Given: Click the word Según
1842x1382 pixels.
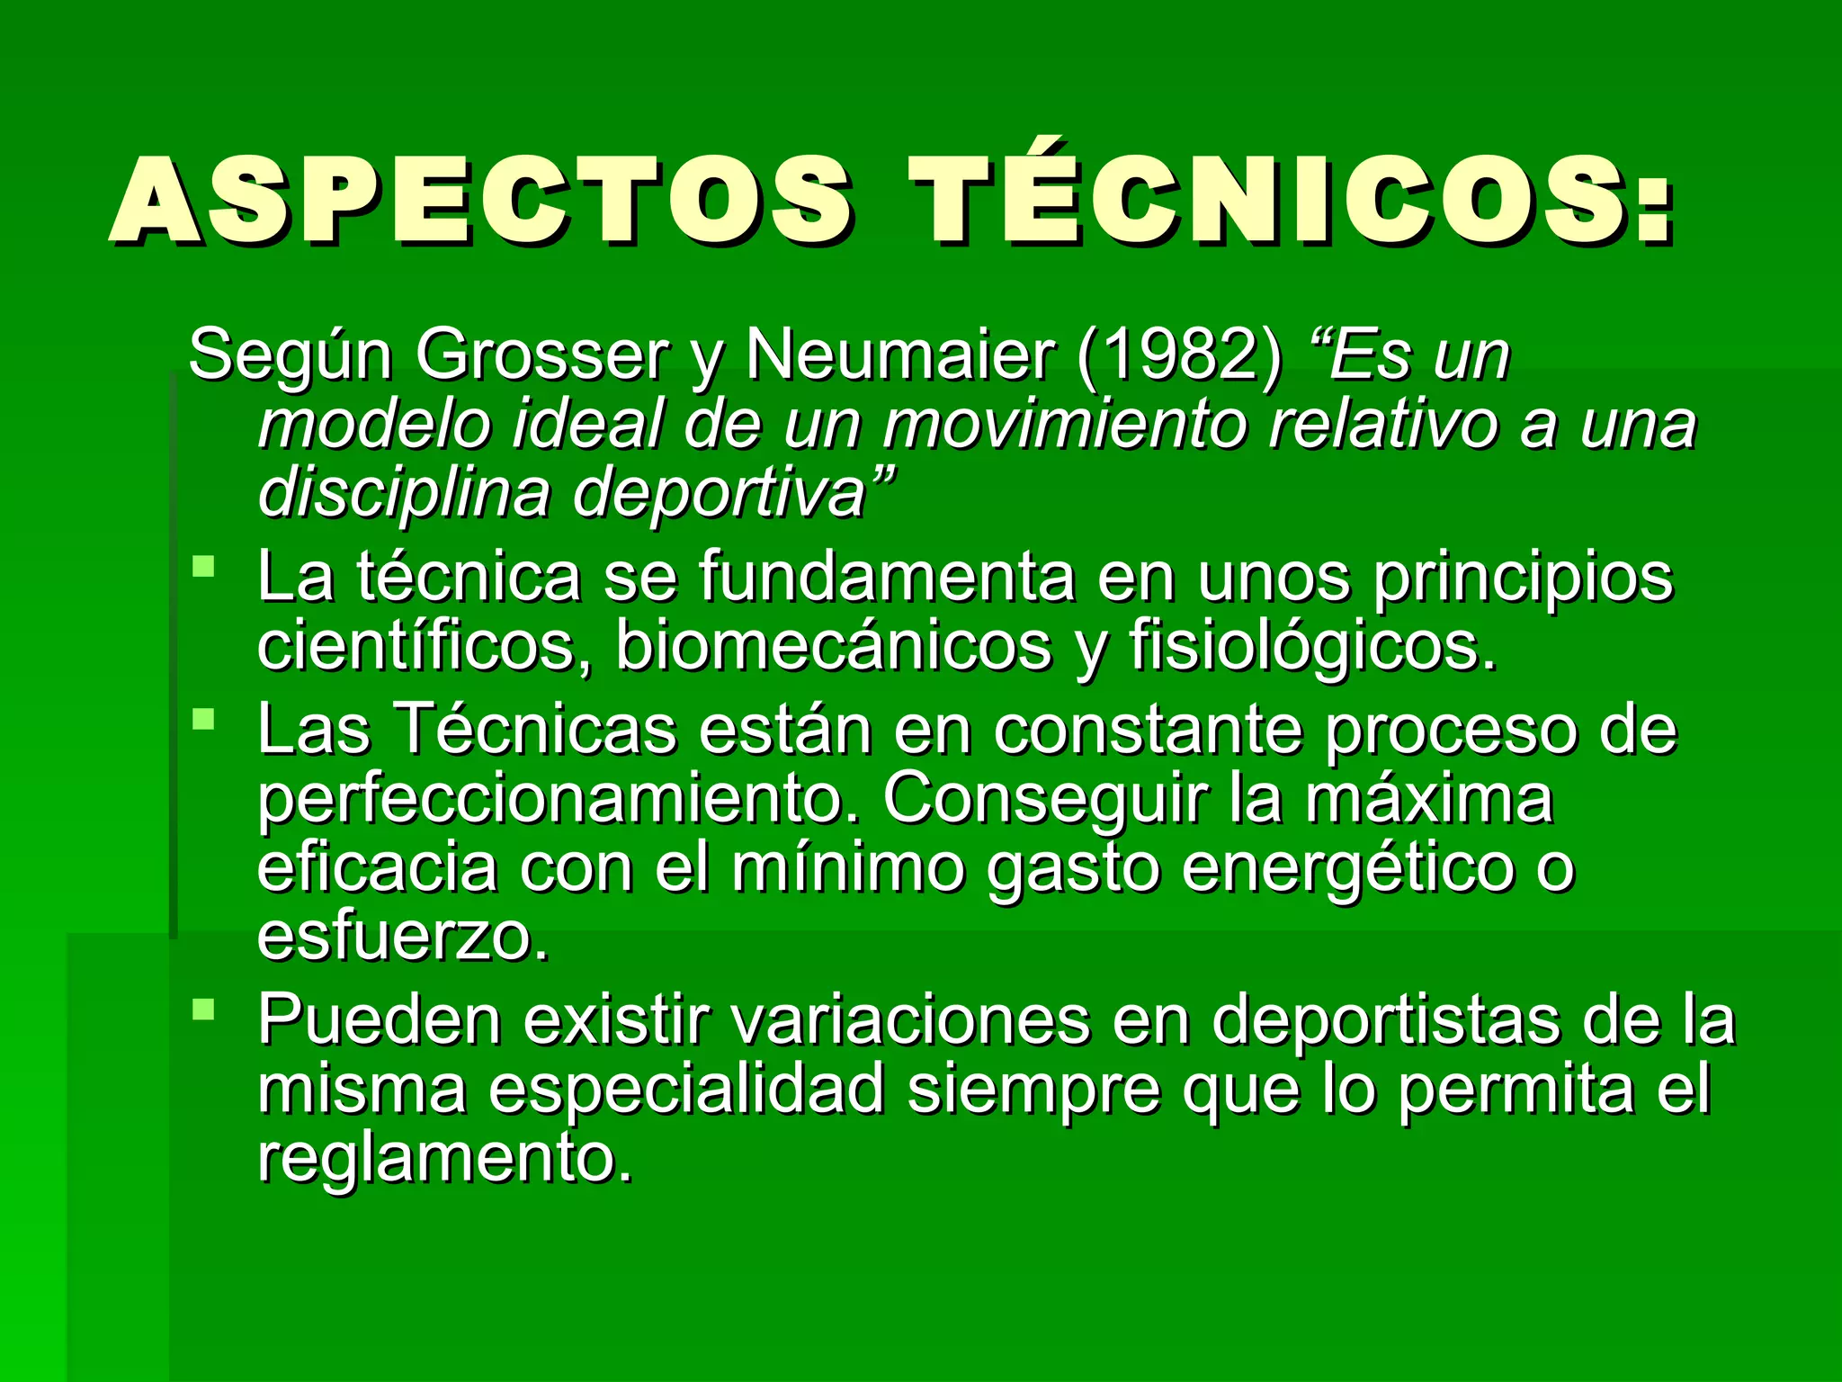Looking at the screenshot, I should point(290,356).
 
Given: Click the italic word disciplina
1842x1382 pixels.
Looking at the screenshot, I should point(403,493).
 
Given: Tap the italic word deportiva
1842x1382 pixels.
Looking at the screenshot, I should point(720,493).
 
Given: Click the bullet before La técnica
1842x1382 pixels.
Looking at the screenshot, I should point(204,567).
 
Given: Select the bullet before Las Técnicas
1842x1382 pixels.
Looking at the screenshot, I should point(204,719).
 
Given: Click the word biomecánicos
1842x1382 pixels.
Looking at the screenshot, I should point(833,644).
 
